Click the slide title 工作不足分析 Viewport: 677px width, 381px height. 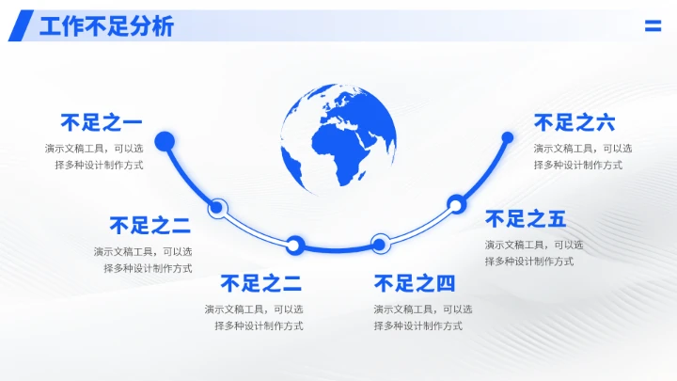click(106, 26)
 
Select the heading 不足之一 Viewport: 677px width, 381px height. click(101, 122)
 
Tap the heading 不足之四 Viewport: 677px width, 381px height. click(414, 283)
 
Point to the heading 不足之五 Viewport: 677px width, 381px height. click(526, 219)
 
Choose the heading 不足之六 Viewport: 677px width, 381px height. click(575, 122)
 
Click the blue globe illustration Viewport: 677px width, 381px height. click(338, 138)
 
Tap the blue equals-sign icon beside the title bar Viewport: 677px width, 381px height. click(653, 26)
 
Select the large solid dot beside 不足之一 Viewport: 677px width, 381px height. click(165, 142)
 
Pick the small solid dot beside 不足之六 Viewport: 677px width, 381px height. click(508, 137)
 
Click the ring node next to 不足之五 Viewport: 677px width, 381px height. click(456, 202)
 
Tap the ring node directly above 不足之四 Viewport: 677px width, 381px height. click(379, 244)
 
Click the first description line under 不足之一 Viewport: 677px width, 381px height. click(94, 148)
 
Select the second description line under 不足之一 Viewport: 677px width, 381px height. click(100, 165)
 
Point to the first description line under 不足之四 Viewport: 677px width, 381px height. click(422, 309)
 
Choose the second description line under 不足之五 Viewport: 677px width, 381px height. click(529, 262)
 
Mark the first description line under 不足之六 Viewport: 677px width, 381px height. click(583, 148)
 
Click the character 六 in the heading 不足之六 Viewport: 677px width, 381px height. click(605, 122)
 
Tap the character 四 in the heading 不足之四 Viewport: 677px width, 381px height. click(444, 283)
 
